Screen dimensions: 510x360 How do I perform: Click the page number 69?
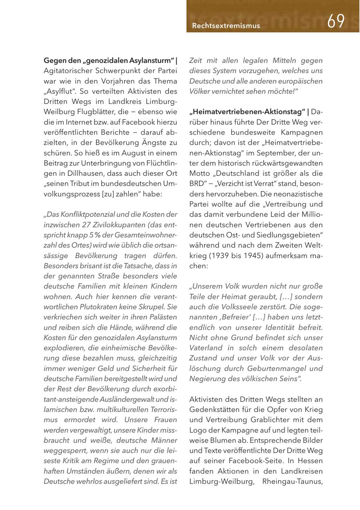click(336, 21)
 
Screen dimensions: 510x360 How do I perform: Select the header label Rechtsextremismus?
click(226, 26)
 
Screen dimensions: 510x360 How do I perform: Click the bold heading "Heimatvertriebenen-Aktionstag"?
click(248, 112)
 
